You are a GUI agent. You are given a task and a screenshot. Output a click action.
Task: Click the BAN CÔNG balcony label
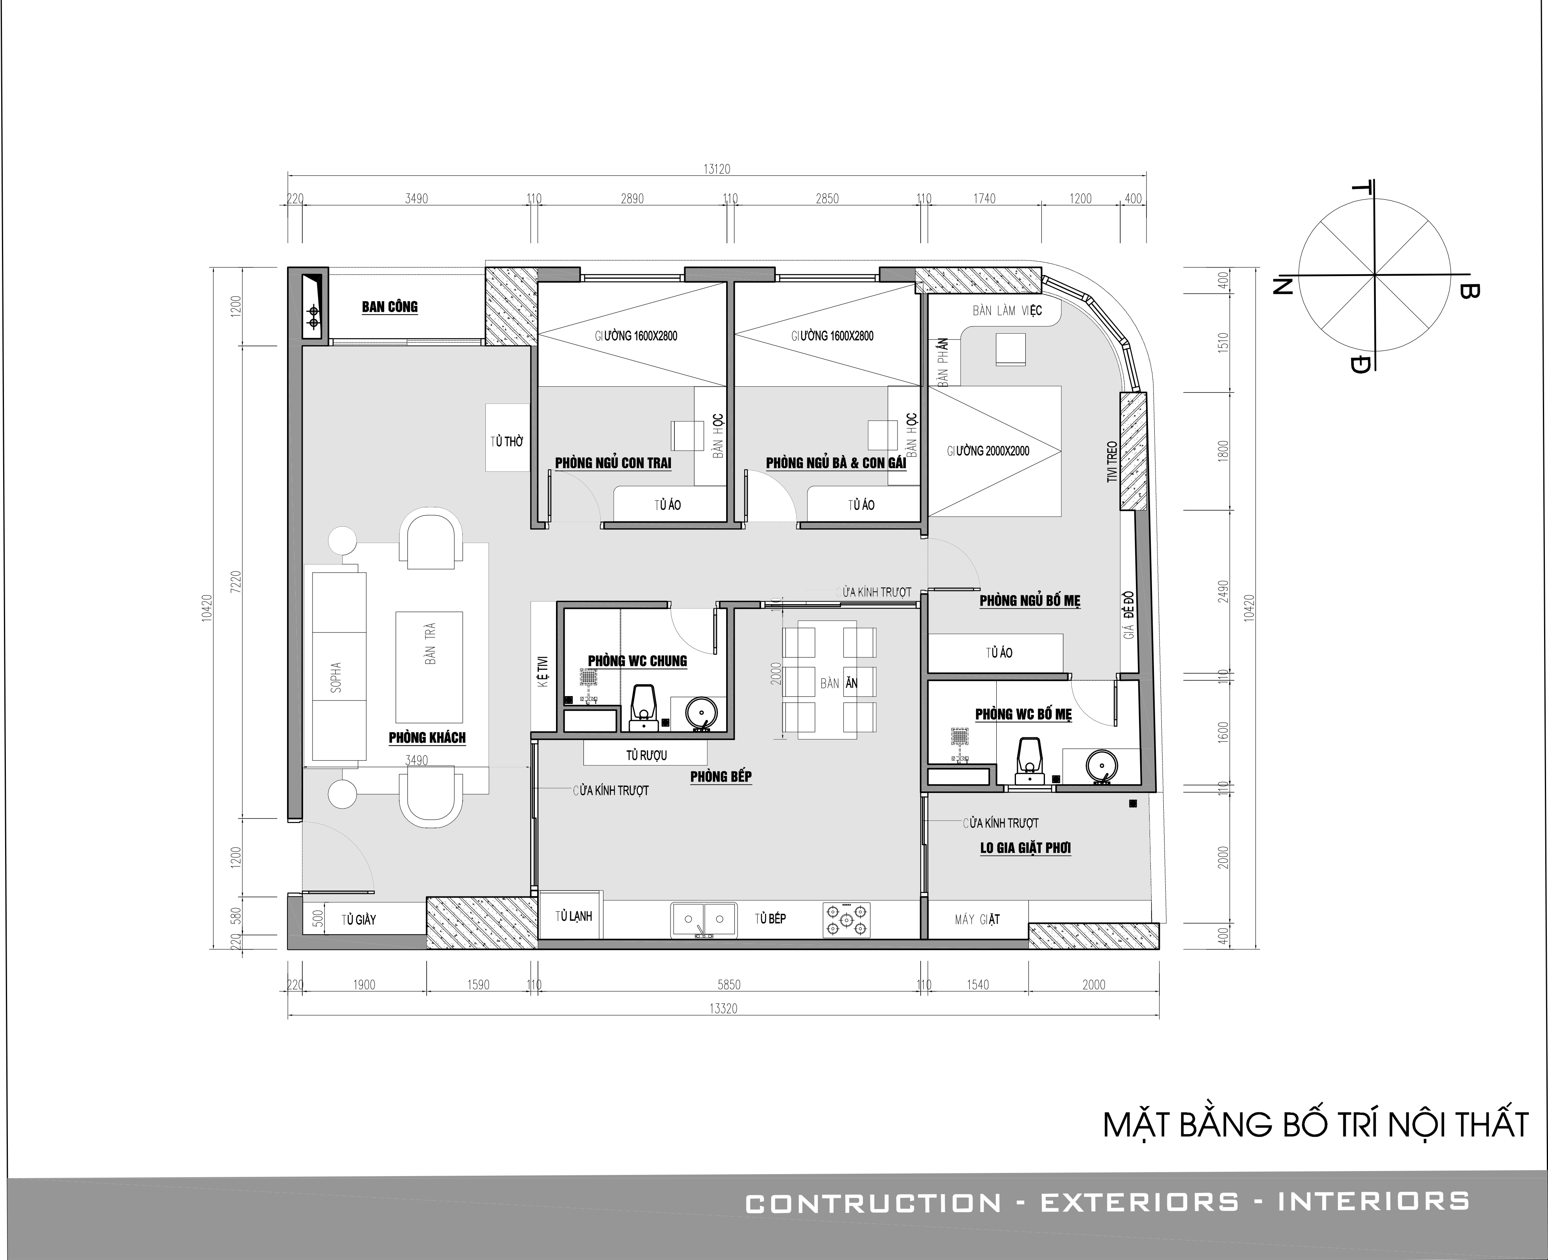tap(390, 307)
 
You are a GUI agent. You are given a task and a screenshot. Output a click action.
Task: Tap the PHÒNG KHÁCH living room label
tap(427, 737)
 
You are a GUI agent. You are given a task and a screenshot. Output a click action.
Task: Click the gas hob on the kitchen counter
tap(846, 920)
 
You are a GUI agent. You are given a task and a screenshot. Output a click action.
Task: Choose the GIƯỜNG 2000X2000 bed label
tap(988, 451)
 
